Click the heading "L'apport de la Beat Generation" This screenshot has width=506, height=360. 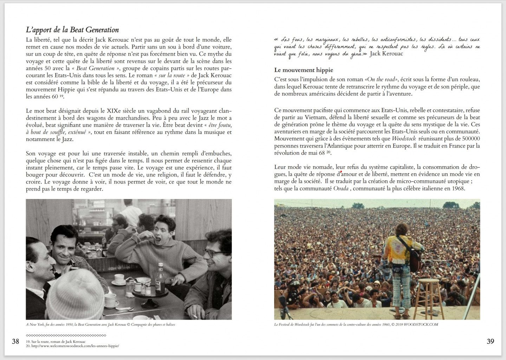72,30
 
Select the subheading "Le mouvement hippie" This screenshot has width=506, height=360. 304,70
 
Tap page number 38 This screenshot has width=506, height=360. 15,341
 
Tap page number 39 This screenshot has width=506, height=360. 490,341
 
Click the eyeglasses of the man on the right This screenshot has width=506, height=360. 212,252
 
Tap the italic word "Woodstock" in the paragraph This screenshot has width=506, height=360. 404,139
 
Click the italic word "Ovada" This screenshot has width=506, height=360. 341,188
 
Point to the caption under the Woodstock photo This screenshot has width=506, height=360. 356,324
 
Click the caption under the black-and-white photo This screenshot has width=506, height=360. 100,324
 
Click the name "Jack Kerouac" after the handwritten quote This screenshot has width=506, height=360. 386,54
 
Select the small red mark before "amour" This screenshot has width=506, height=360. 340,172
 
